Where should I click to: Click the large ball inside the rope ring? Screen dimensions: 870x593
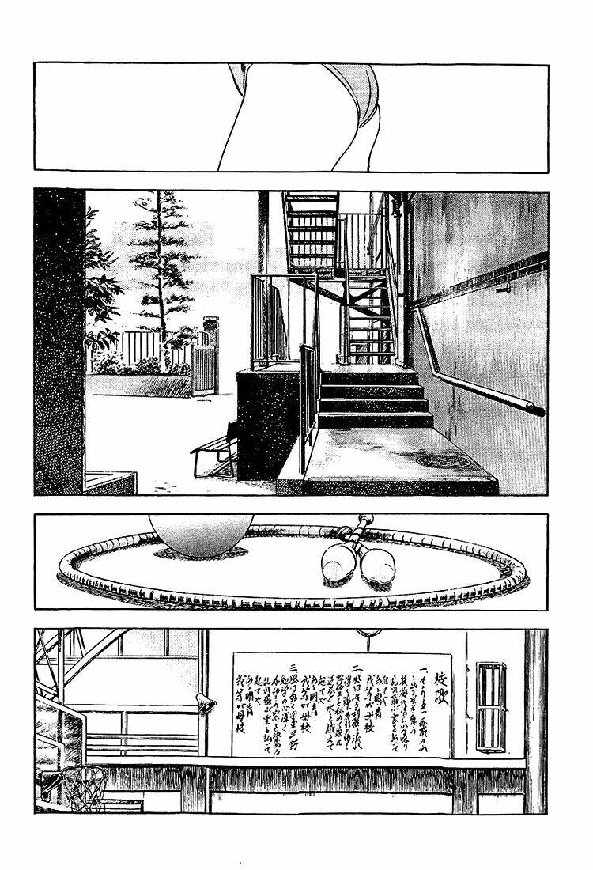(x=202, y=535)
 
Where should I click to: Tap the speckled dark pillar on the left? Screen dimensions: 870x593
(x=59, y=340)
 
